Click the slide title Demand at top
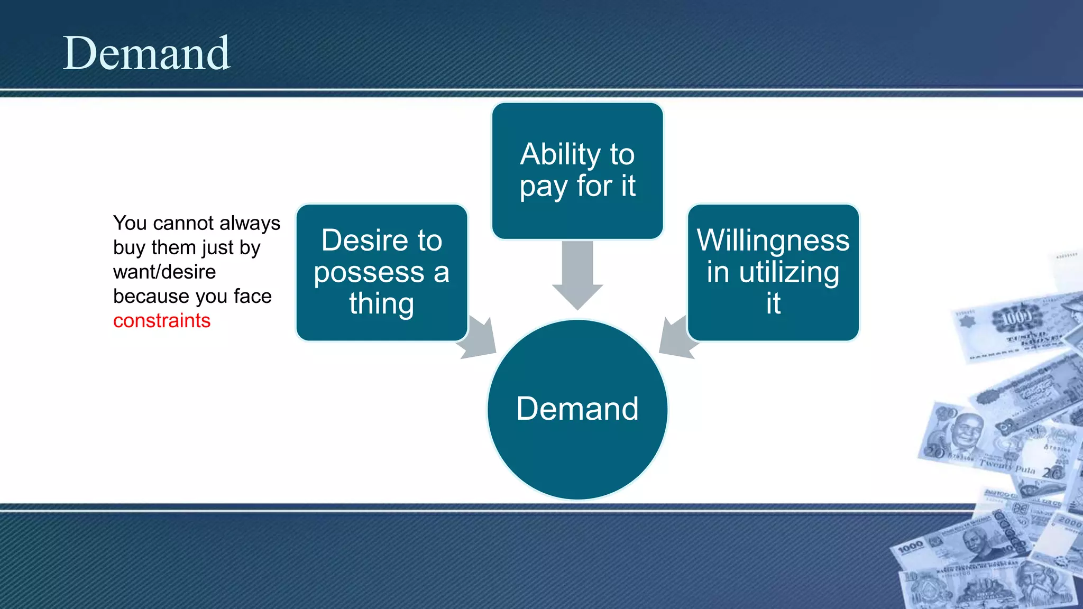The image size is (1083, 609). [x=146, y=53]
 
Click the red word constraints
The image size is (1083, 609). [x=162, y=321]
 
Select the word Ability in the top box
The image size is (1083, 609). [x=561, y=154]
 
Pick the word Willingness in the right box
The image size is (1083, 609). [x=773, y=241]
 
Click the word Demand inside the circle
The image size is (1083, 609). [x=577, y=409]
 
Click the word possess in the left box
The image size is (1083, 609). [x=369, y=273]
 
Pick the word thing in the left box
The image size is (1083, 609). [x=382, y=304]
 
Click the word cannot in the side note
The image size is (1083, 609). [x=183, y=224]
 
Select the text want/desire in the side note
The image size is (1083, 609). [x=164, y=272]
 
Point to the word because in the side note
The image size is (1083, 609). [x=144, y=297]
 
